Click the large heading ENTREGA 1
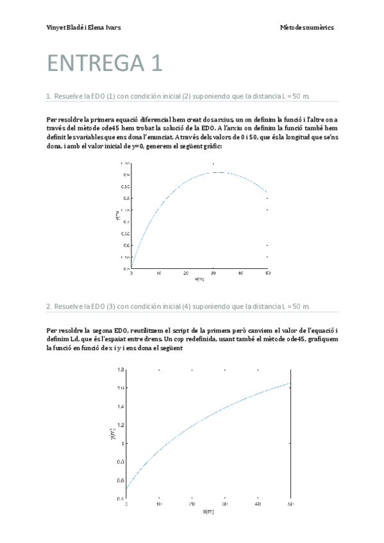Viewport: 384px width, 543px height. pos(104,63)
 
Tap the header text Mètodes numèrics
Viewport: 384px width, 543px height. pos(306,28)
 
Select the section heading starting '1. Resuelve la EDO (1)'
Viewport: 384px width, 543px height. pos(178,96)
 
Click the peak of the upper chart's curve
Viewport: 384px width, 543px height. pos(218,172)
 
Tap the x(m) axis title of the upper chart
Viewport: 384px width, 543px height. pos(199,279)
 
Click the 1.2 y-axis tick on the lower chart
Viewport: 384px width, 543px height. pos(119,425)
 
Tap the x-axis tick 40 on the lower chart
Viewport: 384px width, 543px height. pos(257,505)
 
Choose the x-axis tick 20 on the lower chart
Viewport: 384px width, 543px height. pos(192,505)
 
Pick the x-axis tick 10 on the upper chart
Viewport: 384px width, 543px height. pos(158,273)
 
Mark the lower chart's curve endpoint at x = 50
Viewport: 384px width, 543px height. pos(290,384)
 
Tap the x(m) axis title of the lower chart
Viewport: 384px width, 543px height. pos(208,512)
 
